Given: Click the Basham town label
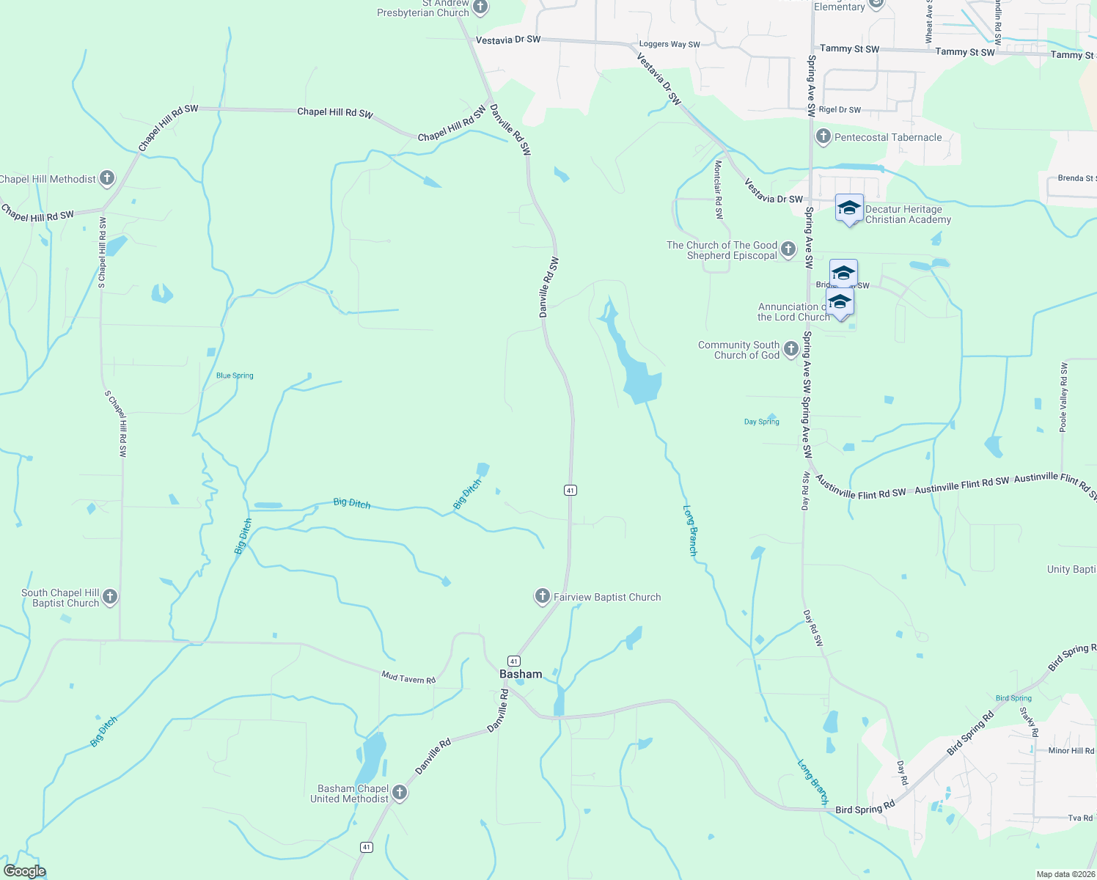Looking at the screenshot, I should click(521, 674).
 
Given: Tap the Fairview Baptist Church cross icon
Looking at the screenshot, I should click(542, 596).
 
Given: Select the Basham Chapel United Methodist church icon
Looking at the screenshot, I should click(400, 792).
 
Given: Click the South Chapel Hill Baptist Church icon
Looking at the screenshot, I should click(110, 597).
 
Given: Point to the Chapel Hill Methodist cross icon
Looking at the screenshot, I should click(107, 178).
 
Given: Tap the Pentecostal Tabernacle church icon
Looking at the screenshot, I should click(823, 136).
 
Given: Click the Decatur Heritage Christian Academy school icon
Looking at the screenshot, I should click(849, 208).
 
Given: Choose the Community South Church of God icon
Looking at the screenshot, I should click(790, 349).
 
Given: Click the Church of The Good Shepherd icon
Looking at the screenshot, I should click(788, 249).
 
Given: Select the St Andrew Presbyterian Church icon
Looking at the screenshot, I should click(480, 8).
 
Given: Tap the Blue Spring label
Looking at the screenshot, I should click(235, 375).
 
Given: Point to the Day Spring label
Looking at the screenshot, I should click(761, 422).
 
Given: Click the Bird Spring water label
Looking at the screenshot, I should click(1013, 698).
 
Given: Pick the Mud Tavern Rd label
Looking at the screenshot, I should click(408, 678).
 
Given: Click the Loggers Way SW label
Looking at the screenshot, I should click(669, 45).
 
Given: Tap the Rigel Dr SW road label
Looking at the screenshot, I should click(840, 110).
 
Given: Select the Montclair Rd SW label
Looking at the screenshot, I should click(719, 190).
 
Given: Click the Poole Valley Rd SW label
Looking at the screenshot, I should click(1064, 397).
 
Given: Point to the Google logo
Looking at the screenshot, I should click(25, 871).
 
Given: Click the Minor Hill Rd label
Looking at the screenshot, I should click(1071, 751).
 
